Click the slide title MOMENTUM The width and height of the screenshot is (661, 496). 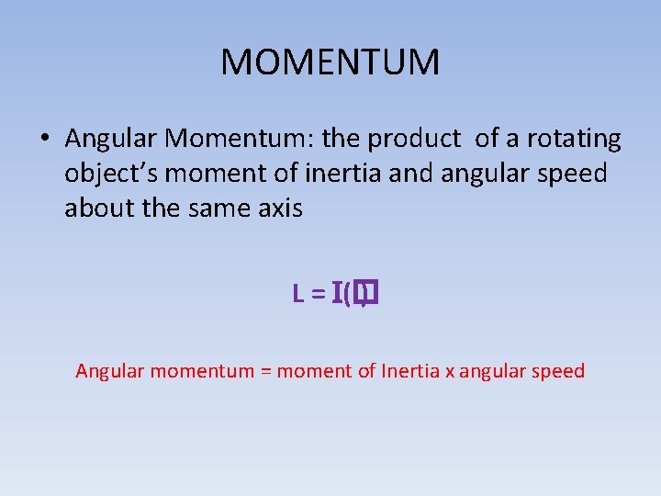[x=330, y=62]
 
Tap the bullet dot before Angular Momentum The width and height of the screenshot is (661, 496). [x=45, y=140]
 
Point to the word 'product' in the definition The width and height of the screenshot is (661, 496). [x=414, y=139]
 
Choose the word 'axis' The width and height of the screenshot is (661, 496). [x=280, y=209]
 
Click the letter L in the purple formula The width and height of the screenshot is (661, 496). [x=298, y=294]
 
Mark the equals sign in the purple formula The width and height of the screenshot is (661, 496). [x=318, y=294]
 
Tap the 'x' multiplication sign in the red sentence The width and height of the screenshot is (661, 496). [x=450, y=372]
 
